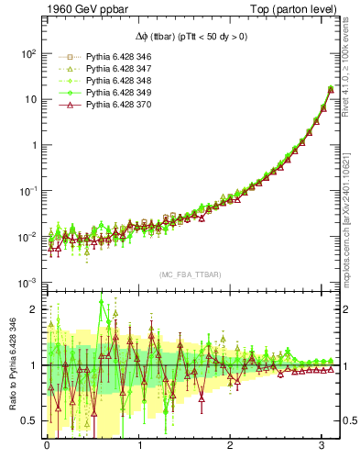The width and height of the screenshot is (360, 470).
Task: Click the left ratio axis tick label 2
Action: click(32, 309)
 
